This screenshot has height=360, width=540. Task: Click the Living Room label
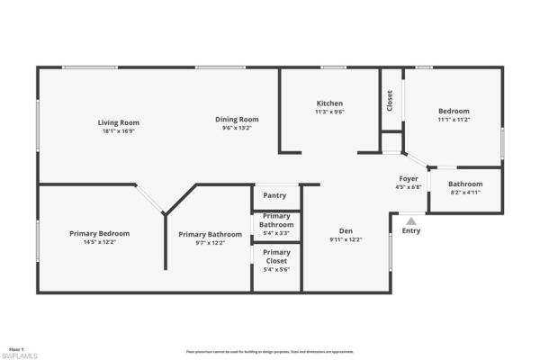119,122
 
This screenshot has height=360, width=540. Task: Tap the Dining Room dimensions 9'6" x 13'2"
237,128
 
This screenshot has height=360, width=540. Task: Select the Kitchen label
328,103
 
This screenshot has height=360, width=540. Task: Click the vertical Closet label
390,100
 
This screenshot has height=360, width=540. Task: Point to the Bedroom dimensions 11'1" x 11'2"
454,120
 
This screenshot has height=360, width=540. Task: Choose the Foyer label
409,179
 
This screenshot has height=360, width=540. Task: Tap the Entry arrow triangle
410,219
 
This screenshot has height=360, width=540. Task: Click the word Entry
410,231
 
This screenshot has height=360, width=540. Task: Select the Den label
346,230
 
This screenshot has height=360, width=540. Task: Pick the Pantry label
274,196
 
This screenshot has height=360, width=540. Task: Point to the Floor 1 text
15,347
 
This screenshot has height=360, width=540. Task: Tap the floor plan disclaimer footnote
269,352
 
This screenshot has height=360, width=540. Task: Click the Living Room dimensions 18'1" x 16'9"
119,131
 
